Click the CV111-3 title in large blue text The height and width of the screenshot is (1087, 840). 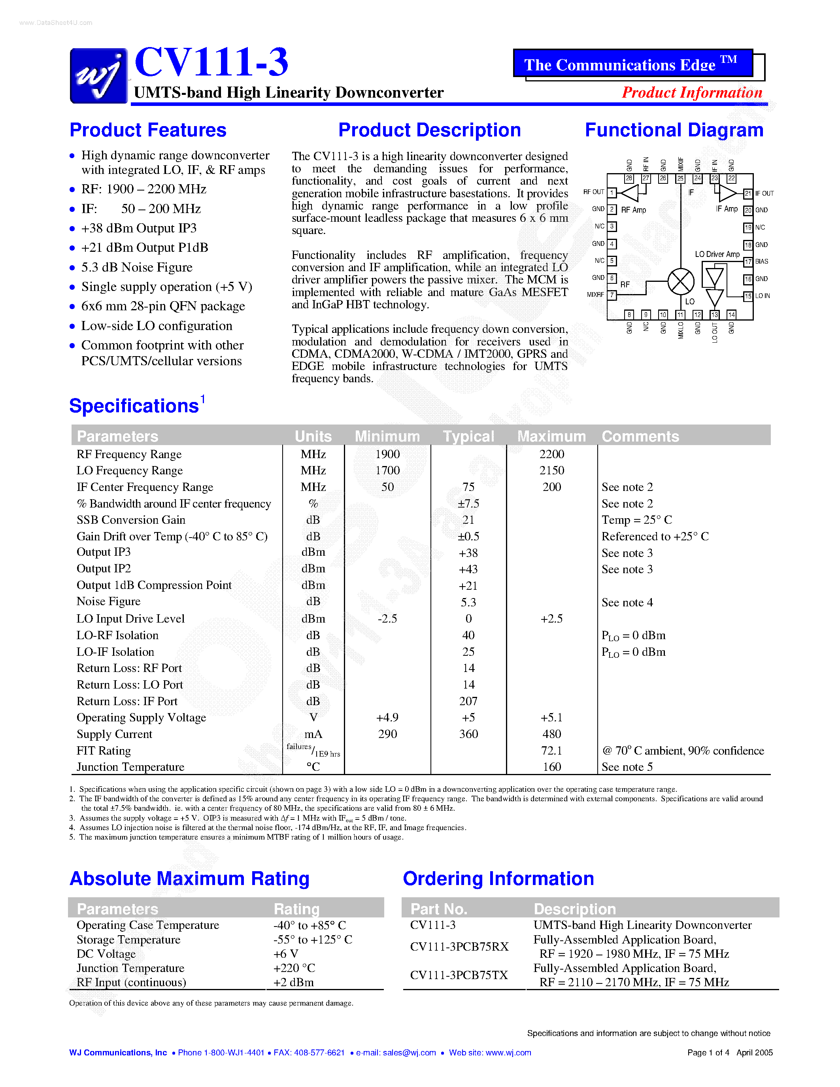[211, 62]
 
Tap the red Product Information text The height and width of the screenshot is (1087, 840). [692, 92]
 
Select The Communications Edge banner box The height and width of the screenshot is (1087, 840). [632, 64]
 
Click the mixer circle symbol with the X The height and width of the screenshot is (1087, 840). [680, 282]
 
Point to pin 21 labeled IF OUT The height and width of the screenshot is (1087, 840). [748, 194]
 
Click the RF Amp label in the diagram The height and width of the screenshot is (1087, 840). [634, 210]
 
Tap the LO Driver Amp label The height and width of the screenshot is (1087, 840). [717, 254]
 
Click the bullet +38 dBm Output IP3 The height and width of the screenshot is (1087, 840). [139, 228]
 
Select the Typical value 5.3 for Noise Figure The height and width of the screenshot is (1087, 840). [468, 602]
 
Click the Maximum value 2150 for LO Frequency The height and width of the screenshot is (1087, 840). [551, 470]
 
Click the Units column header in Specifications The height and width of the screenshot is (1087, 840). [313, 436]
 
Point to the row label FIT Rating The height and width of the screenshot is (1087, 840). [104, 751]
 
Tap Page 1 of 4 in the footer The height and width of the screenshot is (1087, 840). [708, 1053]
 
